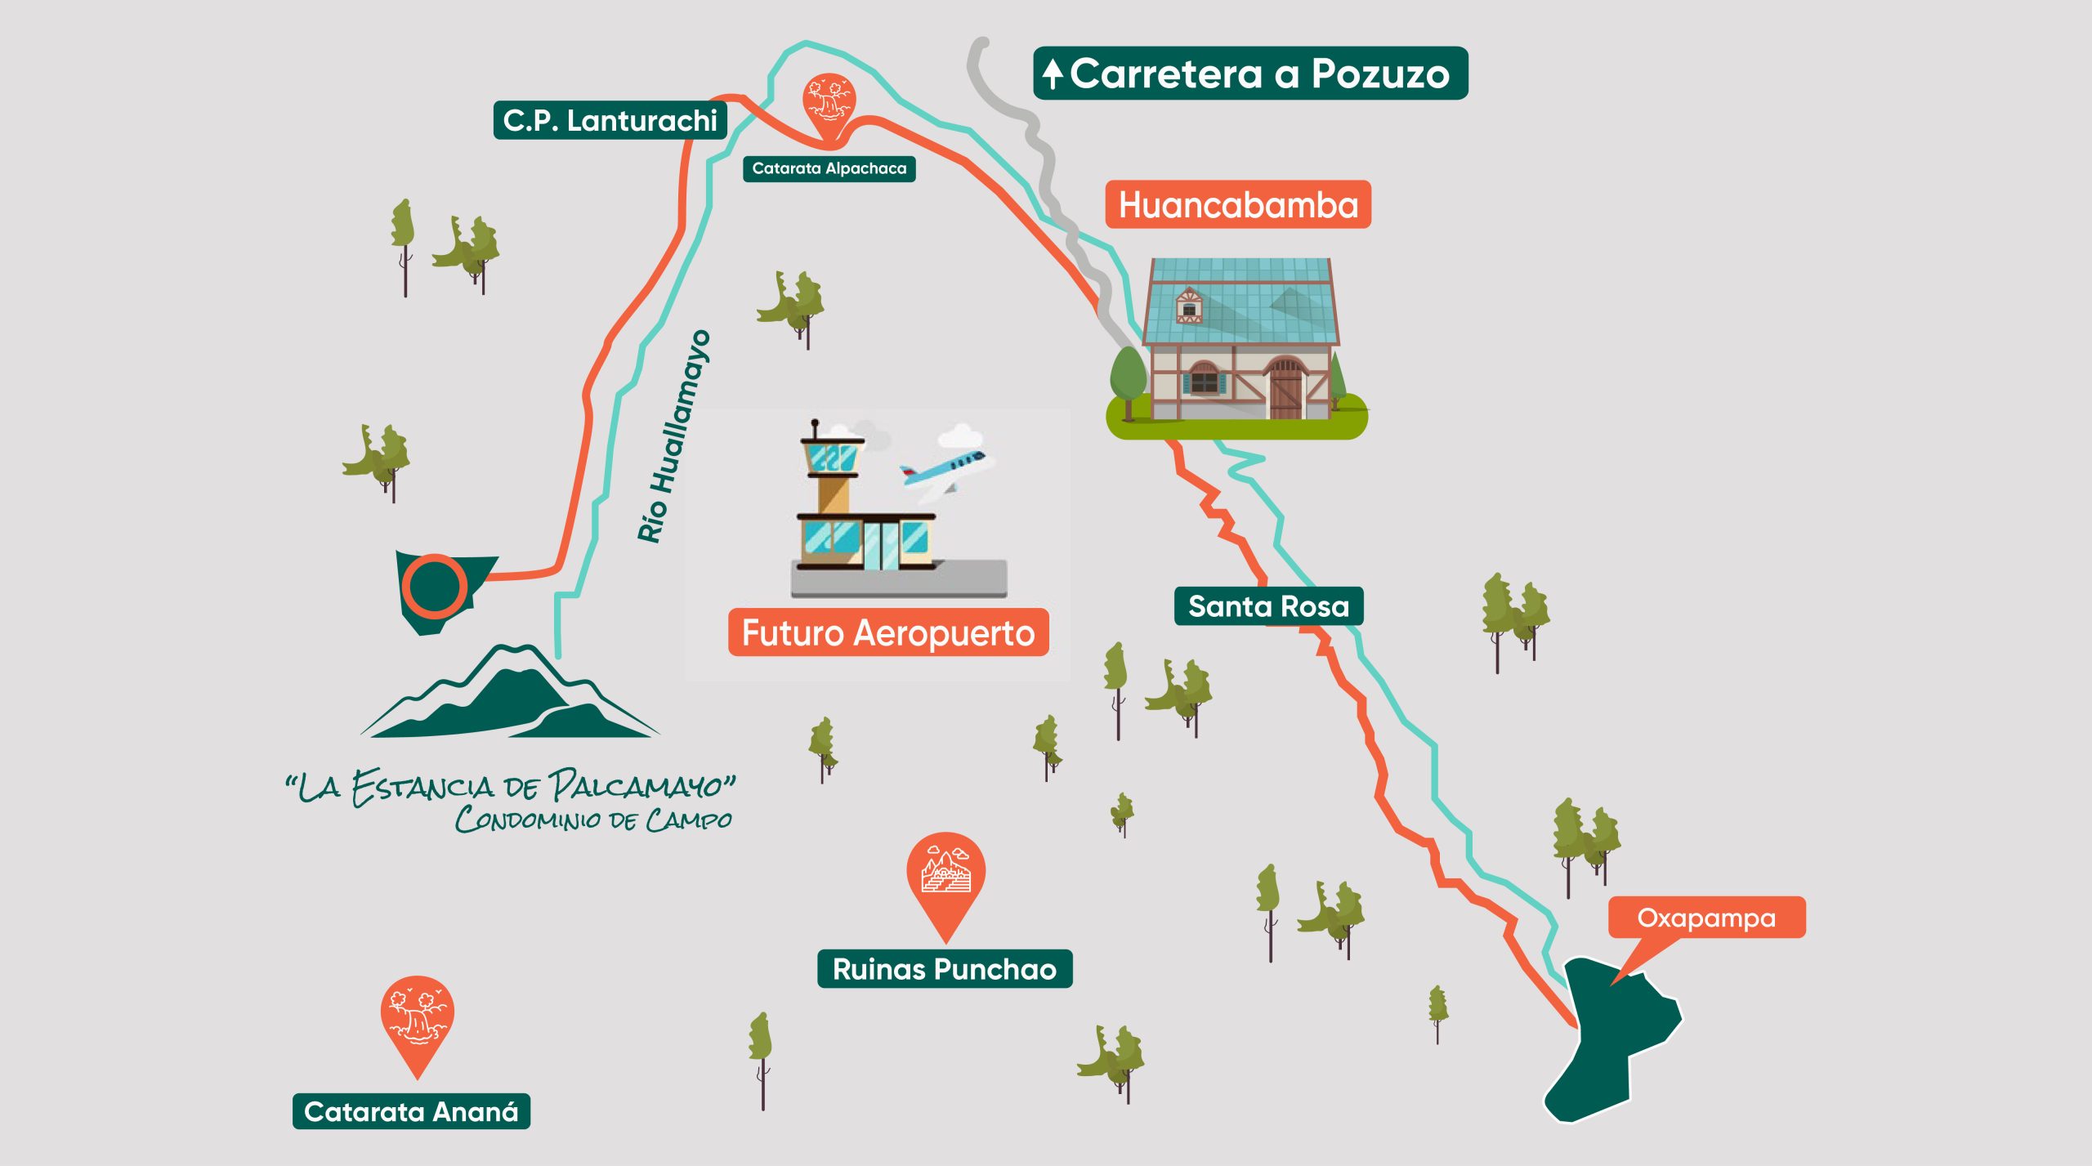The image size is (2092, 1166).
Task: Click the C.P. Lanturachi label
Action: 610,121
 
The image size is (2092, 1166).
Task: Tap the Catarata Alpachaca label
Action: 829,169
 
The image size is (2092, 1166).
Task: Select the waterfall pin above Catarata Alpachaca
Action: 829,101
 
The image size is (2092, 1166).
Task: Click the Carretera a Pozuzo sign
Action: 1258,74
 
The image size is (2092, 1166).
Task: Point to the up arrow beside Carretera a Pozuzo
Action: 1053,74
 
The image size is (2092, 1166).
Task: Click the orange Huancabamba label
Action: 1237,204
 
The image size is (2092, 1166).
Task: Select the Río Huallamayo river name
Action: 673,437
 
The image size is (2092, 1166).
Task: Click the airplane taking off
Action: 948,470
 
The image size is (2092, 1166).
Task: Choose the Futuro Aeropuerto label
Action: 887,633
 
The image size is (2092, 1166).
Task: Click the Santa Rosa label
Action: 1267,606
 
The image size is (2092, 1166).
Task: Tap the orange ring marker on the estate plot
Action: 434,585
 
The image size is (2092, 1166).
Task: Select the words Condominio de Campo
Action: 593,819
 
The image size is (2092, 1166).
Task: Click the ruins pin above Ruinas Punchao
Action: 945,874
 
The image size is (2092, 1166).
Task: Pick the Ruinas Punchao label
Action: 944,969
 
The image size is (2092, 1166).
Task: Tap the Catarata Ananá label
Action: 411,1111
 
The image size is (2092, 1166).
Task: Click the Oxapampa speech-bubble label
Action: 1706,918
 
